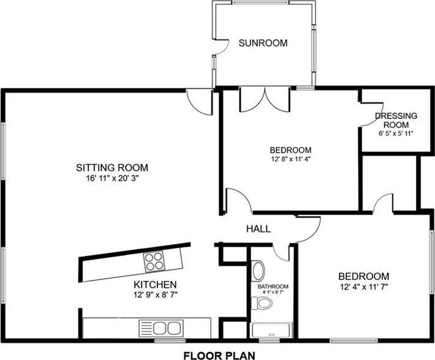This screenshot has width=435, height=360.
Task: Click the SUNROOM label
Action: pos(263,43)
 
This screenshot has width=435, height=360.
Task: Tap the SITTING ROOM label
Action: pos(112,168)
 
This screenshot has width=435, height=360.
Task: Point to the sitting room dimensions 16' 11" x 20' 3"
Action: pos(112,178)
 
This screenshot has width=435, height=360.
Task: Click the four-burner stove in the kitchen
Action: pos(154,261)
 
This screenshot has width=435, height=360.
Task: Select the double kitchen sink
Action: pos(161,328)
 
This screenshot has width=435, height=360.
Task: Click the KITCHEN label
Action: pos(155,285)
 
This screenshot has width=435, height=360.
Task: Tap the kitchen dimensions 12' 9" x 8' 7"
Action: pos(155,294)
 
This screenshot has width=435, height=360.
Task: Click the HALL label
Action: pos(259,229)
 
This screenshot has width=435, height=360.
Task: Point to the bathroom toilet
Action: pos(262,303)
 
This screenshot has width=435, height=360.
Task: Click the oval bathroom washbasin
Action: pos(259,271)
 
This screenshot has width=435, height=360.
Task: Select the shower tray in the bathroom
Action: pos(271,330)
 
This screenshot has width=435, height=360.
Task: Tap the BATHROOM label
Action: pos(273,287)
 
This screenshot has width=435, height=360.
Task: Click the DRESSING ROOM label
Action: pos(396,120)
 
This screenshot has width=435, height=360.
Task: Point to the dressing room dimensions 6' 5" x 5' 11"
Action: pos(396,133)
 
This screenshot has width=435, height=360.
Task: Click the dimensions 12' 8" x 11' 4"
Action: pos(290,159)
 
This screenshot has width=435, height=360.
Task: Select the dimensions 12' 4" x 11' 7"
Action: pos(364,287)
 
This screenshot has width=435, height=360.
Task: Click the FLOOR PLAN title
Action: pos(219,355)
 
